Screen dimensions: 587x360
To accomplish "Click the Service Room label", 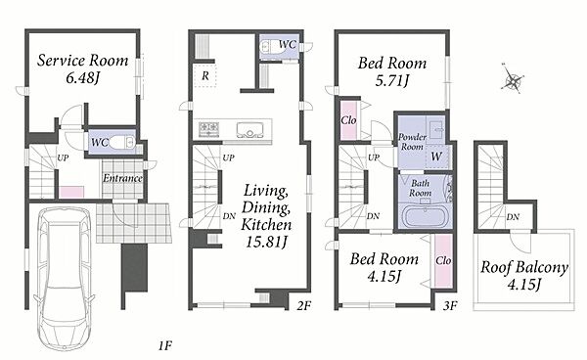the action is pos(82,61).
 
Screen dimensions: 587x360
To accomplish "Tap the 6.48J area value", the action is pos(83,78).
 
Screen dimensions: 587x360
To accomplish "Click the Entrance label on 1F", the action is pos(122,178).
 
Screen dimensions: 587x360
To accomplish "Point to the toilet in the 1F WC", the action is pos(122,142).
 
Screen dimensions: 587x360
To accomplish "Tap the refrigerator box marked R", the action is pos(205,76).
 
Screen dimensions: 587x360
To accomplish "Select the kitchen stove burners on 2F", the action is pos(209,129).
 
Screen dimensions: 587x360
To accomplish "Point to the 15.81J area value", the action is pos(266,242).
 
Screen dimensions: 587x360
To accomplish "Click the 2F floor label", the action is pos(303,306).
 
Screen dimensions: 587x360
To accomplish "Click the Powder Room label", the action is pos(412,142).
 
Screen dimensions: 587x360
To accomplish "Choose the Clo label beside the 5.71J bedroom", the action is pos(348,120).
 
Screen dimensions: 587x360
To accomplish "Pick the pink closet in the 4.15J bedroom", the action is pos(443,261).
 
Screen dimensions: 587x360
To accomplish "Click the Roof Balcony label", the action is pos(524,267).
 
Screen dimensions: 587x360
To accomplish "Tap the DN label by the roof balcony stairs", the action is pos(513,216).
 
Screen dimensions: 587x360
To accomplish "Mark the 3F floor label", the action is pos(450,306).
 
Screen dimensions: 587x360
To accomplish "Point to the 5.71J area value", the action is pos(392,80).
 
